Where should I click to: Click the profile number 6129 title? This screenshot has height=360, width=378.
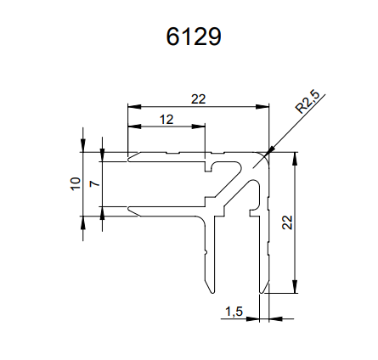[194, 37]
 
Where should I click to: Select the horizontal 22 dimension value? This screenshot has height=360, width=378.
[198, 99]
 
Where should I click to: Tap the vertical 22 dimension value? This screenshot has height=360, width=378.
[287, 222]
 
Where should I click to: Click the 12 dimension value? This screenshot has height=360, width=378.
[166, 120]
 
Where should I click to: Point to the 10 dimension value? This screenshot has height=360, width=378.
[76, 183]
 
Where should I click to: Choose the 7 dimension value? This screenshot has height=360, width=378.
[95, 183]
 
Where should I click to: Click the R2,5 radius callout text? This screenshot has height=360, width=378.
[307, 102]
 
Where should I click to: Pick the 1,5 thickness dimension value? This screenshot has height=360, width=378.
[234, 312]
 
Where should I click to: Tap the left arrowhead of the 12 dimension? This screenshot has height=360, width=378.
[134, 127]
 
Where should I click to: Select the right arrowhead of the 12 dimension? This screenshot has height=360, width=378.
[198, 127]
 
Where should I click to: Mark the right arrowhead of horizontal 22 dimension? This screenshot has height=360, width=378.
[262, 107]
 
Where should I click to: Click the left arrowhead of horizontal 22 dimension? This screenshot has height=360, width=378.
[134, 107]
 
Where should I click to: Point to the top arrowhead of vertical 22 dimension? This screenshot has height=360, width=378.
[295, 159]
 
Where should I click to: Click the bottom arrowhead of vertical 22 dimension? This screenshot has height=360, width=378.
[295, 287]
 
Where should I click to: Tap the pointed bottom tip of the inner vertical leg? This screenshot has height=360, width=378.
[212, 293]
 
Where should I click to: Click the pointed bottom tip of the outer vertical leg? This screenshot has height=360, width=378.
[262, 293]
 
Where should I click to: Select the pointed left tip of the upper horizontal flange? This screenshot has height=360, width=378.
[128, 160]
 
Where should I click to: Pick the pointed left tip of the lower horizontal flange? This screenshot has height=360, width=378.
[128, 209]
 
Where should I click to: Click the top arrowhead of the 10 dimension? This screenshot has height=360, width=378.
[83, 146]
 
